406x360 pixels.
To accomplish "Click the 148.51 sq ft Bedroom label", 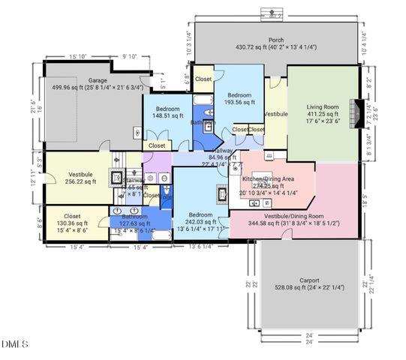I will coord(167,109).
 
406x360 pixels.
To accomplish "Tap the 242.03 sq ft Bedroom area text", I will coord(200,221).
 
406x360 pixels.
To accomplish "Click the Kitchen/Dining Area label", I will coord(267,180).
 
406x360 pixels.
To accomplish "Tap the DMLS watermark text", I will coord(14,344).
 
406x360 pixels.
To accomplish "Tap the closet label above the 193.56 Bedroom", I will coord(203,79).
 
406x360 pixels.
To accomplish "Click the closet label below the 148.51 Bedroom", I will coord(157,145).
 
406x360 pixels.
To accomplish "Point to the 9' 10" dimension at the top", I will coord(129,55).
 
